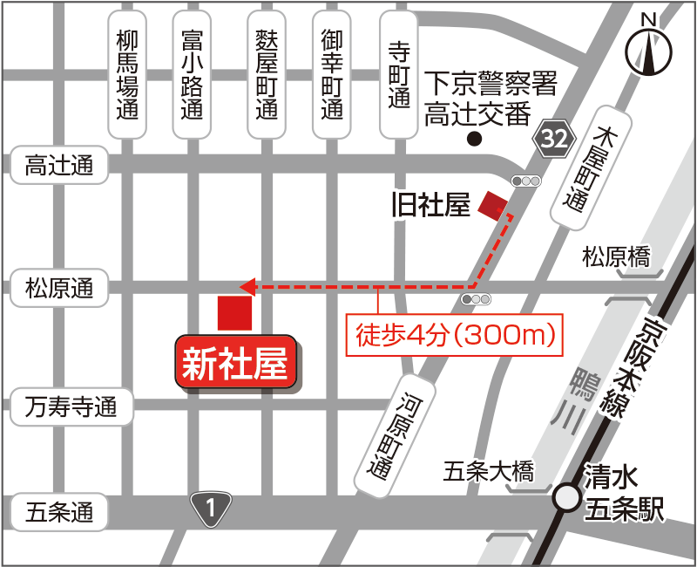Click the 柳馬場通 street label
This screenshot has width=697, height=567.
coord(128,74)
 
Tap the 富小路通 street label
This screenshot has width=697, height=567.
coord(192,74)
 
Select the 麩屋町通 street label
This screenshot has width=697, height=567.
coord(267,74)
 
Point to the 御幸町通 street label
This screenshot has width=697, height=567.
coord(331,74)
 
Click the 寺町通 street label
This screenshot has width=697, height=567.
coord(398,74)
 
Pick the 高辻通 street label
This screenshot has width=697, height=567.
coord(59,166)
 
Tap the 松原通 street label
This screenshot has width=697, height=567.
coord(59,288)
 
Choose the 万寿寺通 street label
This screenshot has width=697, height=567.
coord(71,406)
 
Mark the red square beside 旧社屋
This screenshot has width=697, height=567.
coord(492,205)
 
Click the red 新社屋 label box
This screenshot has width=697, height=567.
coord(235,364)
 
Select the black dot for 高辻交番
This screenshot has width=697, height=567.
coord(474,140)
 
